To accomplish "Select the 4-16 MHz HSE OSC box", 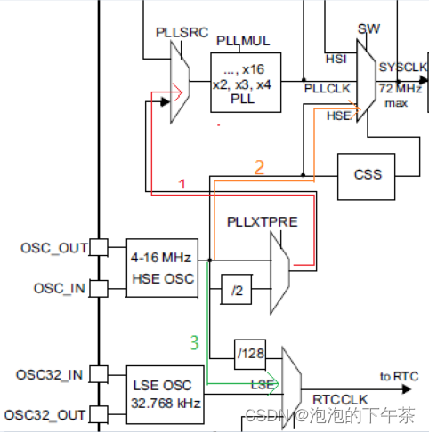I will [x=161, y=267].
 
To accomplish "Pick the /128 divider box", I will [x=251, y=354].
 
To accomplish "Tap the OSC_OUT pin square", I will [x=100, y=247].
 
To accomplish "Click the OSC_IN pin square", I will [x=100, y=288].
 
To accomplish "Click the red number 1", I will [x=182, y=183].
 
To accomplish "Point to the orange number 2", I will [x=260, y=165].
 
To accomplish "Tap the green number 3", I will [x=195, y=340].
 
